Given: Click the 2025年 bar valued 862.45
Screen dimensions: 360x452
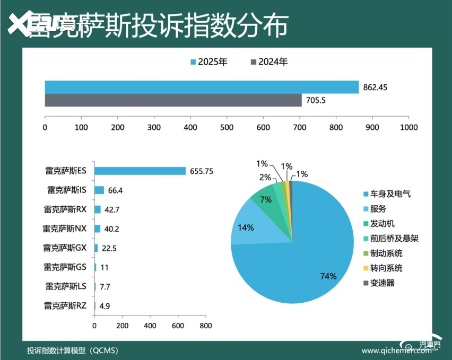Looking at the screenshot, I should coord(202,87).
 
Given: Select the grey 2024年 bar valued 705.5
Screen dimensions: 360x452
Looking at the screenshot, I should coord(173,100).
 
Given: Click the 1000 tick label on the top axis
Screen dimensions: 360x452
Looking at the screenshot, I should coord(408,127).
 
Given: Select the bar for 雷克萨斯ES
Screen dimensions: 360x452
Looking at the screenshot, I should coord(140,171).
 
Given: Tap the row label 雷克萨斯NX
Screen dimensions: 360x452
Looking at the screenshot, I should coord(65,229).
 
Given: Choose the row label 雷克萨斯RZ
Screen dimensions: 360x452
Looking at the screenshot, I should coord(65,305).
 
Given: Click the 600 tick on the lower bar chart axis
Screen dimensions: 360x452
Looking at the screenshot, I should coord(178,326).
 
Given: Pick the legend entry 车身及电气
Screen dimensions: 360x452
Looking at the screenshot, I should coord(390,194).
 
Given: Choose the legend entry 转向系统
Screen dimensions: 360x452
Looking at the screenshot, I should coord(386,268).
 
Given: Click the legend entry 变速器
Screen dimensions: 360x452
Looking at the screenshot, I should coord(382,283).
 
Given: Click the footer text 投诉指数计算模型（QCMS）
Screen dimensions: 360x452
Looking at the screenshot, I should coord(73,350).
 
